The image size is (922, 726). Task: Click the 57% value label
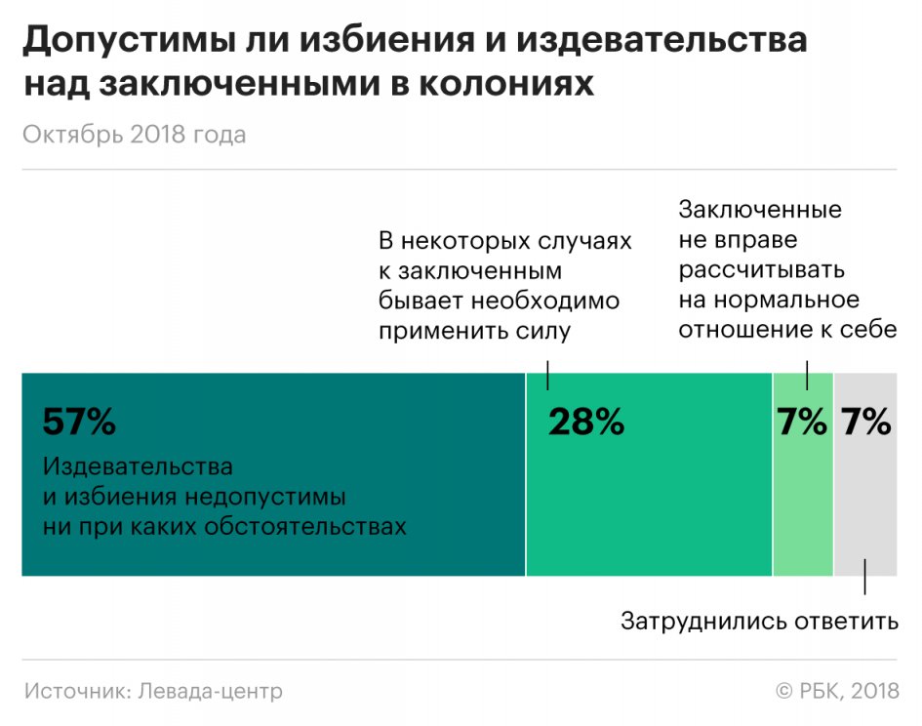click(x=79, y=423)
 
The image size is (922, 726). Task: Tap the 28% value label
click(x=585, y=423)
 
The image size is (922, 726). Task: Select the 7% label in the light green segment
click(x=801, y=423)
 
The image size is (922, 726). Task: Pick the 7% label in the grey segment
click(x=866, y=423)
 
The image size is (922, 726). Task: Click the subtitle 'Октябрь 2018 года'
click(x=134, y=135)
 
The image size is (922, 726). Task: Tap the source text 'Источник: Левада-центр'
click(x=153, y=691)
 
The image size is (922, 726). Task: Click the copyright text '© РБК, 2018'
click(x=837, y=691)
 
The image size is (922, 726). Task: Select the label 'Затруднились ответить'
click(x=759, y=621)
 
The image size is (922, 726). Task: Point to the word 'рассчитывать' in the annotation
click(x=761, y=269)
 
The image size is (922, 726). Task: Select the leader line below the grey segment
click(x=864, y=578)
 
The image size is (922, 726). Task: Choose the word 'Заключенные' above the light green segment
click(x=760, y=210)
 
